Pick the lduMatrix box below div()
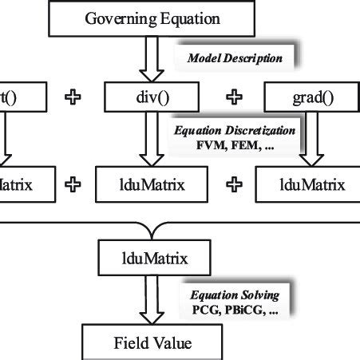pos(142,184)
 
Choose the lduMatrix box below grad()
pos(307,184)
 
